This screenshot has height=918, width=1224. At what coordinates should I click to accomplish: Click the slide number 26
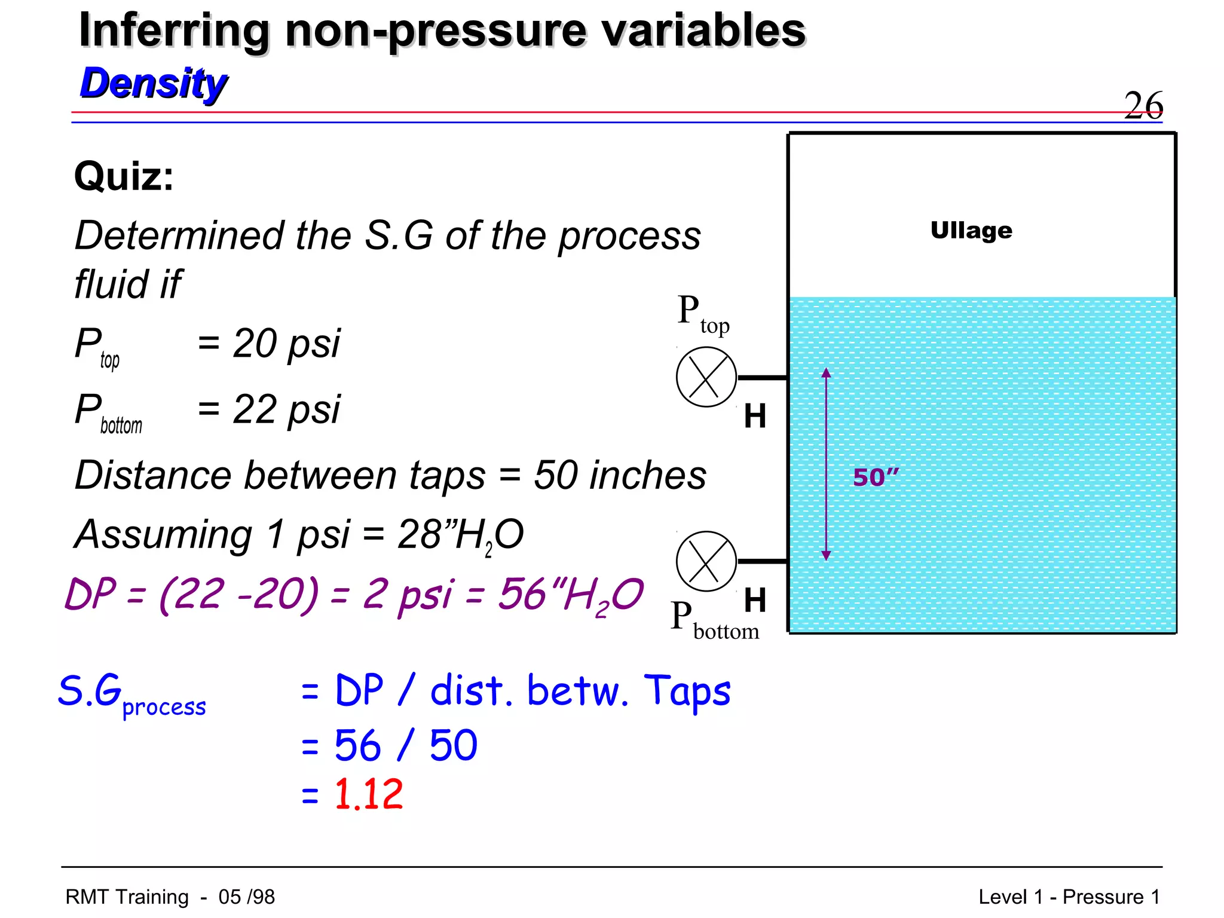(1143, 105)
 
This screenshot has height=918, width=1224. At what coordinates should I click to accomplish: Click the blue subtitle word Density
(154, 83)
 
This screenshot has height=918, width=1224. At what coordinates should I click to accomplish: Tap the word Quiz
(124, 177)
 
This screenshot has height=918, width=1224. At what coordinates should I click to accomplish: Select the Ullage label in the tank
(971, 230)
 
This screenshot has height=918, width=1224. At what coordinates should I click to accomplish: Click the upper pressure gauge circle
(706, 377)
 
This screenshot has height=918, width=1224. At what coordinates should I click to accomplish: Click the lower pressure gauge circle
(706, 561)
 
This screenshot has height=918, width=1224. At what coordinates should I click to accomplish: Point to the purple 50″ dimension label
(875, 477)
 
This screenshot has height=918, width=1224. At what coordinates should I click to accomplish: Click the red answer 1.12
(368, 794)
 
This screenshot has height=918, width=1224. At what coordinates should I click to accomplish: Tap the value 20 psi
(286, 344)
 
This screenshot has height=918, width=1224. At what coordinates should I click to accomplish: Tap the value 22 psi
(286, 410)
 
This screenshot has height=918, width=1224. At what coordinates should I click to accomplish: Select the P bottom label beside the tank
(714, 622)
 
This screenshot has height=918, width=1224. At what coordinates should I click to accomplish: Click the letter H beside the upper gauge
(755, 416)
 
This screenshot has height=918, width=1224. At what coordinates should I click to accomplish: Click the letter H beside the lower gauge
(755, 600)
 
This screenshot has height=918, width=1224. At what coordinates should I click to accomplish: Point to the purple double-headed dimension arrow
(826, 464)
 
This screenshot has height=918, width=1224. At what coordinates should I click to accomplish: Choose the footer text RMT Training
(127, 896)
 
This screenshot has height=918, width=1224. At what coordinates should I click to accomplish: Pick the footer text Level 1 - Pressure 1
(1069, 896)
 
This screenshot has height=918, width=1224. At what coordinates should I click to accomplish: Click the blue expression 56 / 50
(405, 745)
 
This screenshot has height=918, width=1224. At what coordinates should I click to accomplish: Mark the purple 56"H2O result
(571, 595)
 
